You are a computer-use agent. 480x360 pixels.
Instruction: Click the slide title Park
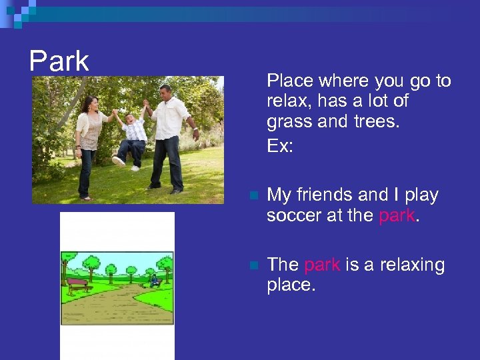(59, 61)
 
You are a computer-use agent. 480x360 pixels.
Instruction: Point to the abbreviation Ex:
(280, 145)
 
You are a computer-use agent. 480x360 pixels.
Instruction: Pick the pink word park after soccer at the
(396, 216)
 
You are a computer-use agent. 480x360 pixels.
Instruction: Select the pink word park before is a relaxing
(322, 265)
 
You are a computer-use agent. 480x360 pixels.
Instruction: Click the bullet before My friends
(252, 196)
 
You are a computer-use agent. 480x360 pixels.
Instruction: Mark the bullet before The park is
(252, 266)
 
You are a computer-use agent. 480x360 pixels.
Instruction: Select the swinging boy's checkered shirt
(135, 129)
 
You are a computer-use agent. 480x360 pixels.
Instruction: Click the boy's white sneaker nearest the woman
(119, 161)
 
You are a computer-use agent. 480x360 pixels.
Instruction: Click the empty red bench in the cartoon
(78, 285)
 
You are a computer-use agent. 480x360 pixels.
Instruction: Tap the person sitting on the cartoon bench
(155, 280)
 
